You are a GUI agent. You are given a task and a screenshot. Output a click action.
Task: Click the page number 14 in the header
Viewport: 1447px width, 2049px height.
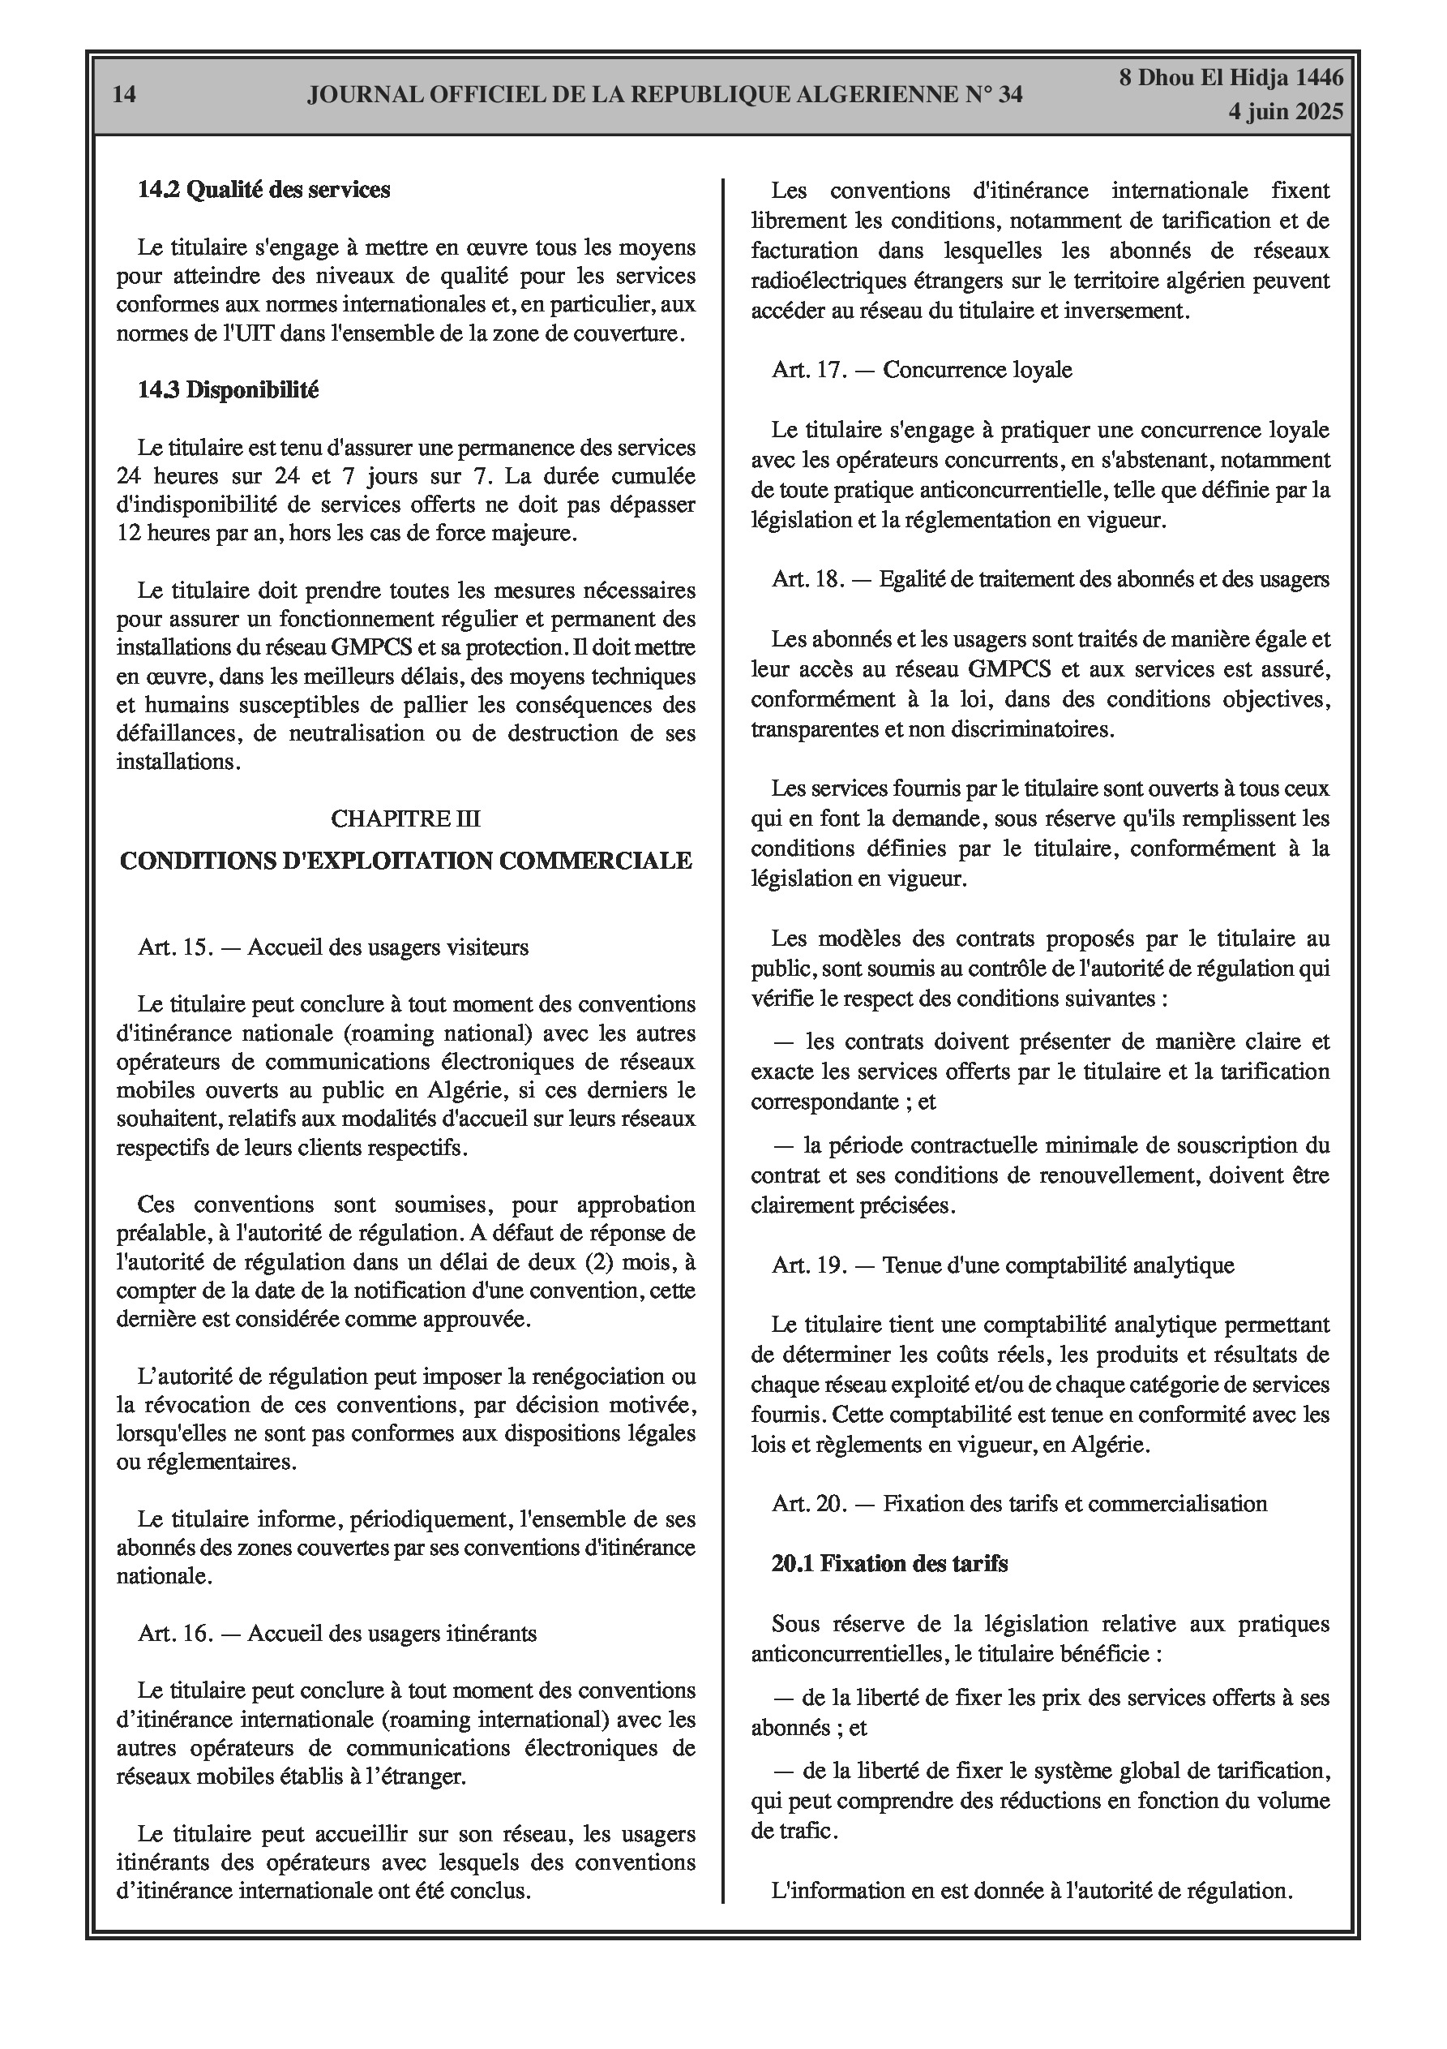point(125,95)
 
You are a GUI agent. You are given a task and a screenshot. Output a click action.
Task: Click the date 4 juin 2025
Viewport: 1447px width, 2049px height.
point(1285,112)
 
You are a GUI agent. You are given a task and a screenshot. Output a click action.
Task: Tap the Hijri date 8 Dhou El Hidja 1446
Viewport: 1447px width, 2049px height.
point(1231,78)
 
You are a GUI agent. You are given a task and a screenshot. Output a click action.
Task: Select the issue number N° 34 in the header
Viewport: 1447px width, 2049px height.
point(993,95)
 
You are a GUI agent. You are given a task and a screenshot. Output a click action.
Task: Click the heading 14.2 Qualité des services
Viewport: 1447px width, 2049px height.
point(264,189)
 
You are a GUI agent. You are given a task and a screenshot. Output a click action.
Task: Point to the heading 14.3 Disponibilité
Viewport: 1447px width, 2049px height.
point(229,389)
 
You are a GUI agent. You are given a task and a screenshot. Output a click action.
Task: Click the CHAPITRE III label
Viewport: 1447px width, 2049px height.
point(406,818)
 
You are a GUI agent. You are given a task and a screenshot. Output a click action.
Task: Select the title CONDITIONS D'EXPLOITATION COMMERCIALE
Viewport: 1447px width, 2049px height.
point(406,861)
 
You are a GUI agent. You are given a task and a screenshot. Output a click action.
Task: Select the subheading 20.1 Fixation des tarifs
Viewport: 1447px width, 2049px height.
point(889,1562)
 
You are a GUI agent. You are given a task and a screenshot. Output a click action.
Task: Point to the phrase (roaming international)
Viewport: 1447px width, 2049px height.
point(473,1719)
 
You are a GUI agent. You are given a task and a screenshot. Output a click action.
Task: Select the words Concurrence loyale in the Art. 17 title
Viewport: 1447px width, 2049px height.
point(977,369)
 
